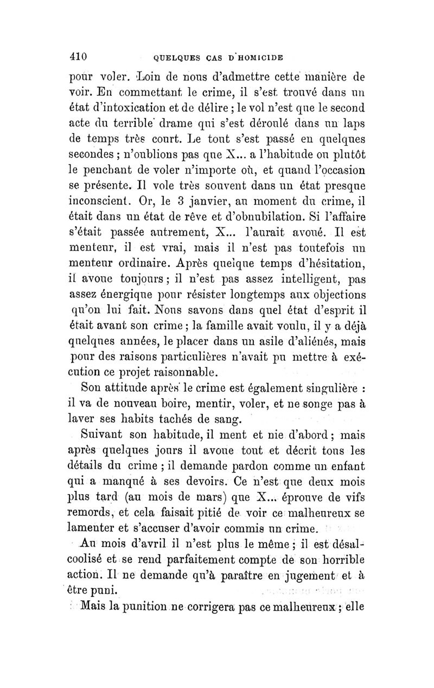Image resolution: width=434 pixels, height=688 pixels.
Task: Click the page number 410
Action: click(x=85, y=56)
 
